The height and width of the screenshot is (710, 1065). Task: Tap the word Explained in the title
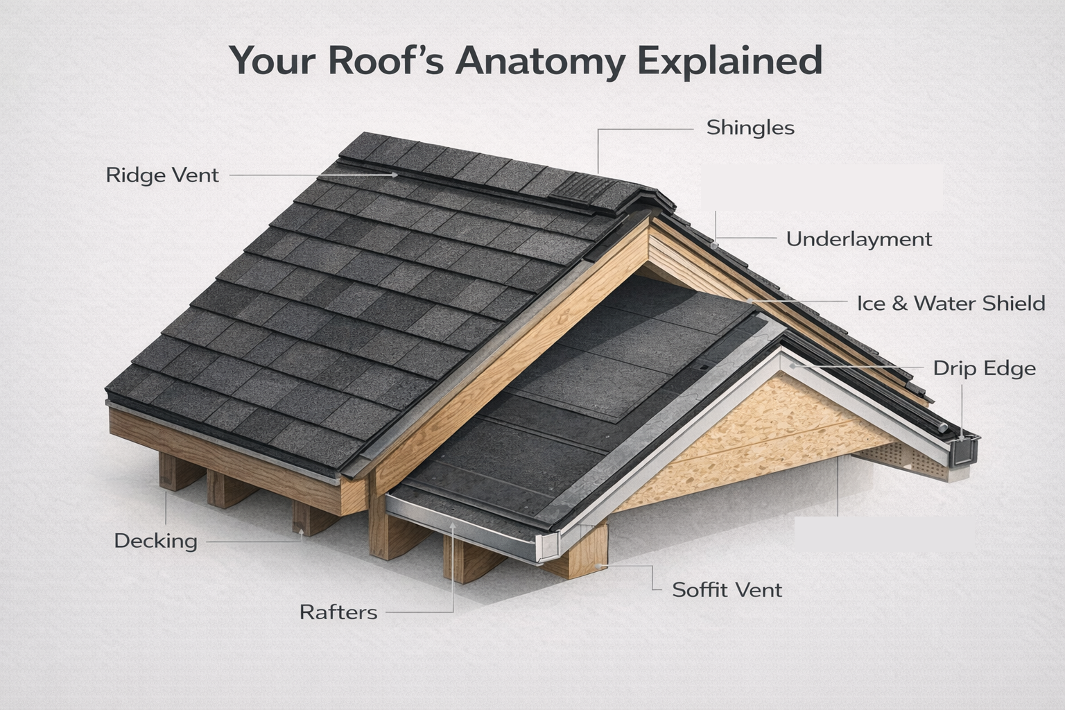click(729, 61)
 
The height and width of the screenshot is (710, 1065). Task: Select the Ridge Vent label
click(162, 175)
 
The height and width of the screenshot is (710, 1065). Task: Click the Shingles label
click(750, 128)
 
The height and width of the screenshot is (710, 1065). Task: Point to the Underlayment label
click(858, 239)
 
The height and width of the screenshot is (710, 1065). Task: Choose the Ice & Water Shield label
click(951, 303)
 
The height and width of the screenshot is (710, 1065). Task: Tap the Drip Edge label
click(984, 368)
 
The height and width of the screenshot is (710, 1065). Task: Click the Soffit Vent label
click(727, 590)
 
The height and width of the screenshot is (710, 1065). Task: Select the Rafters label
click(338, 612)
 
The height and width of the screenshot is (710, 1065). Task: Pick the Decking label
click(155, 541)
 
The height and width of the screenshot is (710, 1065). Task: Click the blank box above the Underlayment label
click(822, 187)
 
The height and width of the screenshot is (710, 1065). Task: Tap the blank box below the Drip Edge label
click(883, 533)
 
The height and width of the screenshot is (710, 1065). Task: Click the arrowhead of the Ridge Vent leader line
click(395, 175)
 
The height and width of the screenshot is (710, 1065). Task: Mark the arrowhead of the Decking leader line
click(302, 532)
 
